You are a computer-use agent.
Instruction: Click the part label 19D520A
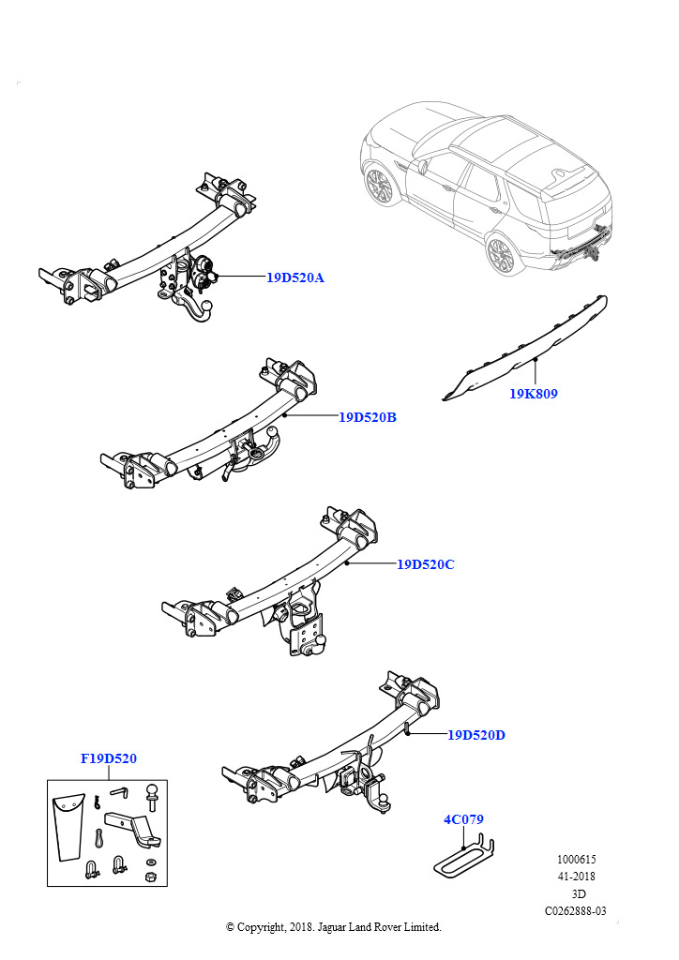point(294,277)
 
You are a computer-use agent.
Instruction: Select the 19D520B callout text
point(367,417)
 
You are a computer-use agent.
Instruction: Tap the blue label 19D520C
point(425,564)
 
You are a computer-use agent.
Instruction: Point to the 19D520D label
point(476,735)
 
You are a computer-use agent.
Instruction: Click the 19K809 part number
point(534,394)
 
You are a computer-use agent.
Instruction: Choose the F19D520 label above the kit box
point(109,758)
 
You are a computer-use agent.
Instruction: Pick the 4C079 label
point(463,819)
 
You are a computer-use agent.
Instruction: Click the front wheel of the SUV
point(381,186)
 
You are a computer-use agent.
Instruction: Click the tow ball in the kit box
point(151,799)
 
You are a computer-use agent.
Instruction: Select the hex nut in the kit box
point(150,877)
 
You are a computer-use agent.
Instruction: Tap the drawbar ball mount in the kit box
point(131,825)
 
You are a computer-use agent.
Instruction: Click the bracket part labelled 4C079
point(464,857)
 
